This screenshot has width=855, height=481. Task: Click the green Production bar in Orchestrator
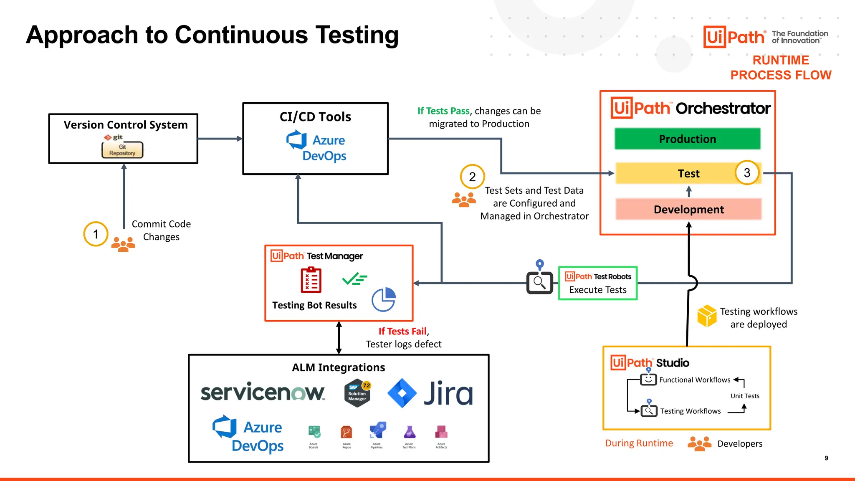tap(687, 139)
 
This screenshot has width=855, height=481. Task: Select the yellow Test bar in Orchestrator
tap(676, 173)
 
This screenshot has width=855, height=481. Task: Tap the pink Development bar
tap(688, 209)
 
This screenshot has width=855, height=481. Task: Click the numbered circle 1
tap(96, 234)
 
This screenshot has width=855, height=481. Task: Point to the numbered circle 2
tap(472, 177)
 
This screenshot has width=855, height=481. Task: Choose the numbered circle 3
tap(747, 172)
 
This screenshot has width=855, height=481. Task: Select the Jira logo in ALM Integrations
tap(430, 393)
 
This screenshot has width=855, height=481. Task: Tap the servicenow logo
tap(262, 392)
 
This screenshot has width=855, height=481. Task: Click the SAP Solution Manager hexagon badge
tap(357, 393)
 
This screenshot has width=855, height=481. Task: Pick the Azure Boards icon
tap(314, 432)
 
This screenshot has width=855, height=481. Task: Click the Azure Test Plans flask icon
tap(409, 432)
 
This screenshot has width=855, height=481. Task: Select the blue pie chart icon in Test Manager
tap(384, 299)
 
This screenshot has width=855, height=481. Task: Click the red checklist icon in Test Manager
tap(311, 280)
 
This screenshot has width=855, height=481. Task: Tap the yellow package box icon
tap(707, 316)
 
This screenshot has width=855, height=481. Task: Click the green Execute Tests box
tap(597, 283)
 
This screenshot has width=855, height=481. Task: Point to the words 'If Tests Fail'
tap(402, 331)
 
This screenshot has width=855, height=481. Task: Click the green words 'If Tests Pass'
tap(443, 111)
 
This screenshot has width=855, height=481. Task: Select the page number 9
tap(826, 458)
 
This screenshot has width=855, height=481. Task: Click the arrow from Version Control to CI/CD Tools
tap(220, 139)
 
